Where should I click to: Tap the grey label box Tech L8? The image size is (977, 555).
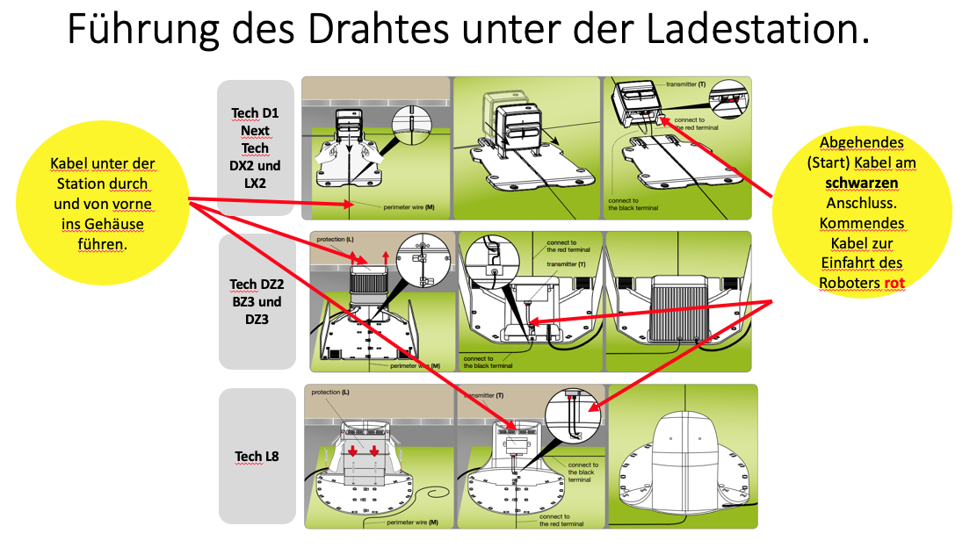257,456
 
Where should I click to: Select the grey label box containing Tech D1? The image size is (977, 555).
257,147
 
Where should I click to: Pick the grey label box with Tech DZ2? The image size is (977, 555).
257,301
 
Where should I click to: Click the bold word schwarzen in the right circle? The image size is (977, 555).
861,182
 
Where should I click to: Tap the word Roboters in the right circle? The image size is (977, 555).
849,283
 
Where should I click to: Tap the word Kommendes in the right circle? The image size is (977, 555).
861,222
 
